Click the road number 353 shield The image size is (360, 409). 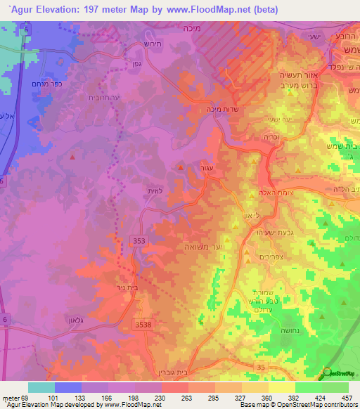139,240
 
